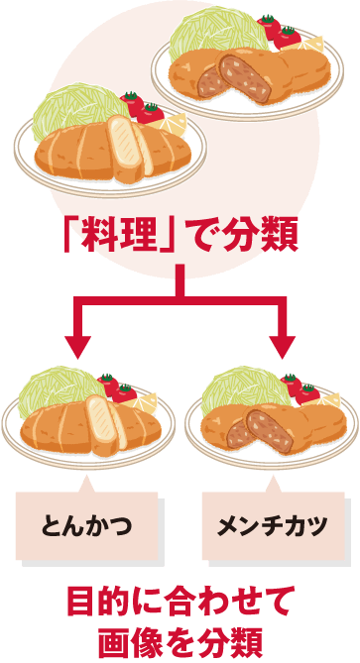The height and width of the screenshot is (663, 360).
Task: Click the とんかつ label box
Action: pyautogui.click(x=86, y=523)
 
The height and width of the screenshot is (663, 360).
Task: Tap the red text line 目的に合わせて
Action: pyautogui.click(x=180, y=602)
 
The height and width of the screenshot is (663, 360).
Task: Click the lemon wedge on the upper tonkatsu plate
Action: pyautogui.click(x=177, y=125)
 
